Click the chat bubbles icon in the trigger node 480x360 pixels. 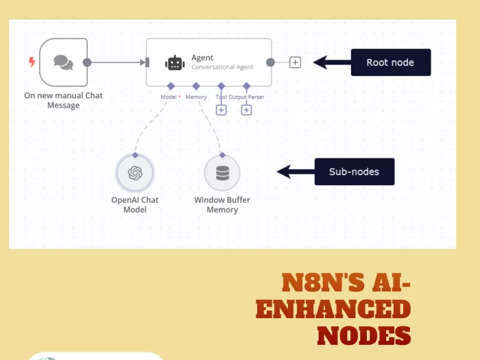pos(63,62)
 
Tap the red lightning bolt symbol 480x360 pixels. pos(32,62)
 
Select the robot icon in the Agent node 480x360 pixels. pos(175,62)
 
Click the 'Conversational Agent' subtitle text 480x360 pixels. pos(222,67)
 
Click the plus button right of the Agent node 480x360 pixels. pos(295,62)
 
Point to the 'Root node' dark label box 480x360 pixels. pos(390,62)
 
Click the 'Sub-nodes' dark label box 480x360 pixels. pos(354,171)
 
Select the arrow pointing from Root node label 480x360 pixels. pos(331,62)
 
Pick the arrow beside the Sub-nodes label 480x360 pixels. pos(295,171)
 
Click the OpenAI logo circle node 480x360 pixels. pos(134,173)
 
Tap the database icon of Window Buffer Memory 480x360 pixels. pos(222,173)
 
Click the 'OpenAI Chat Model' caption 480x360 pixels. pos(134,205)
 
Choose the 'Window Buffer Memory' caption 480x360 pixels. pos(222,205)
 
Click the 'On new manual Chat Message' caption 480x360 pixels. pos(63,100)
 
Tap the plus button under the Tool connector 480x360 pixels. pos(221,110)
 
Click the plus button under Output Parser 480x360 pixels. pos(246,110)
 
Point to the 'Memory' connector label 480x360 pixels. pos(196,97)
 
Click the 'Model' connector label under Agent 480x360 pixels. pos(169,97)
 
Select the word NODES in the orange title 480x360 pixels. pos(363,335)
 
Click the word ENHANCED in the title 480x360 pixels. pos(333,309)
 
